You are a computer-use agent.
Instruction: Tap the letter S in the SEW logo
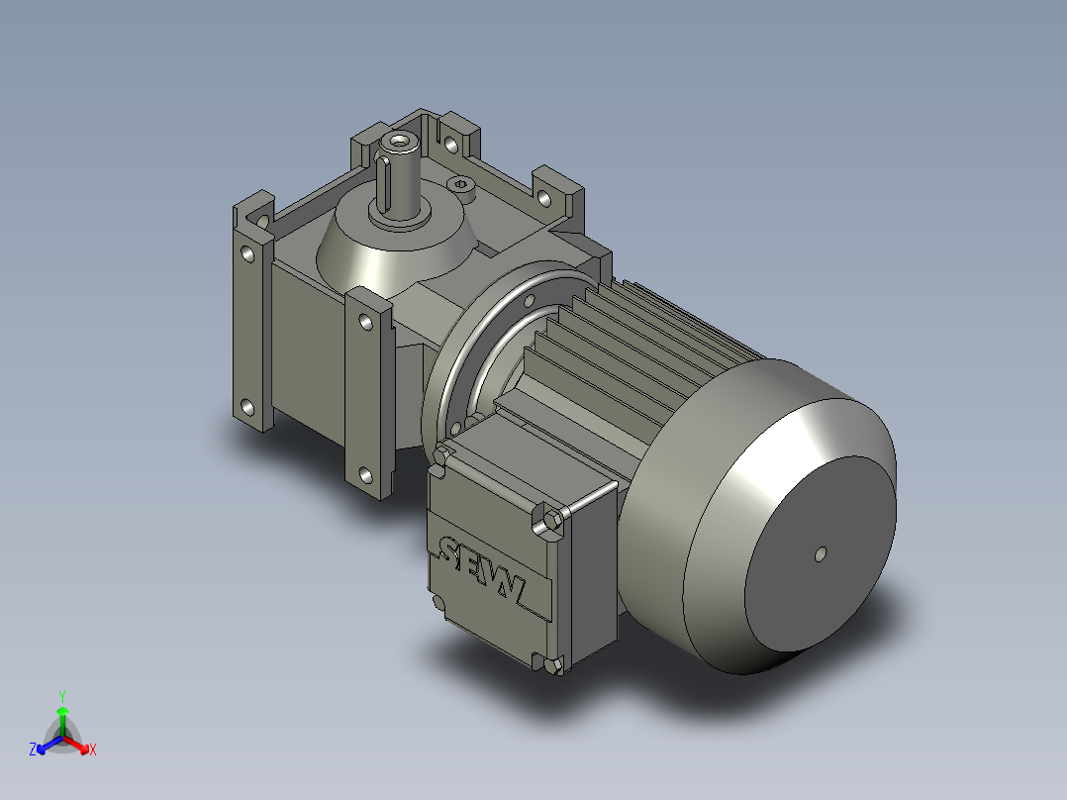[451, 554]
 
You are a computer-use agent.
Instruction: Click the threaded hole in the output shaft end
[402, 145]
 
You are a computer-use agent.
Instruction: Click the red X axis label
[92, 750]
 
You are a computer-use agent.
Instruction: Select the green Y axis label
[62, 695]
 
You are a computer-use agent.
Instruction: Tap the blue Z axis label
[33, 750]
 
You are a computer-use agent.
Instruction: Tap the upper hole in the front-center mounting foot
[365, 322]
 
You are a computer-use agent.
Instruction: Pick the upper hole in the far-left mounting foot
[246, 252]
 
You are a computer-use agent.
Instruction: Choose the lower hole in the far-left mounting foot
[245, 406]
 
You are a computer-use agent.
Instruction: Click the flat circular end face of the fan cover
[820, 554]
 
